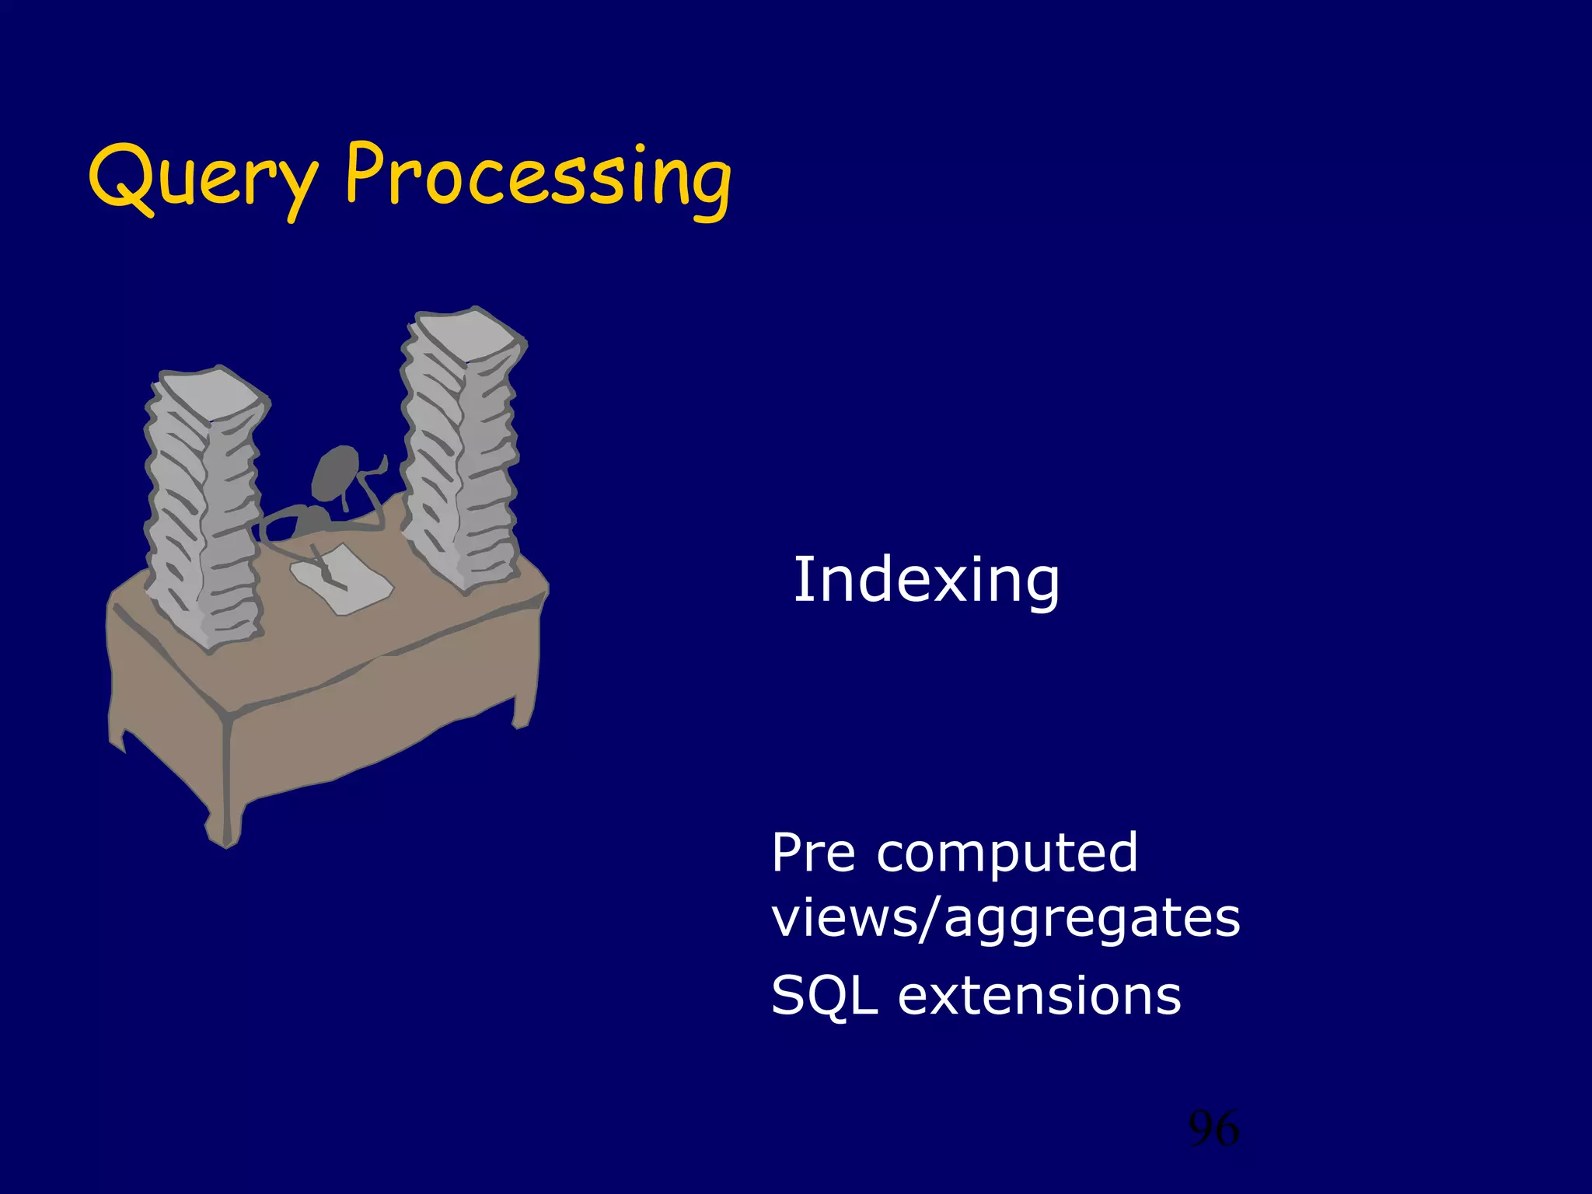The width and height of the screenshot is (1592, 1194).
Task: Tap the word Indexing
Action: click(926, 581)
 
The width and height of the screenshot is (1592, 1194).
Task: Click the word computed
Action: click(1007, 854)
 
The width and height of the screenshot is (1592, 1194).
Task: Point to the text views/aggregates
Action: click(1005, 919)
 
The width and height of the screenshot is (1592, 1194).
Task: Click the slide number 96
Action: click(1213, 1129)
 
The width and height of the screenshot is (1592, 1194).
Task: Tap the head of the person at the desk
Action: click(336, 471)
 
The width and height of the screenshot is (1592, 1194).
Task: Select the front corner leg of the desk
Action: click(225, 808)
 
